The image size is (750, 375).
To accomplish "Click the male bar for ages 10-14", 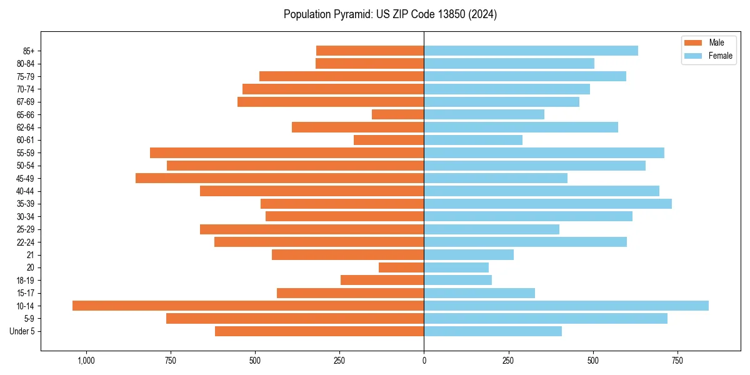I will [x=248, y=306].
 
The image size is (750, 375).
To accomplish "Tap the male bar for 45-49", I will [x=279, y=178].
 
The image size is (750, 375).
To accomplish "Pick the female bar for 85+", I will [x=531, y=51].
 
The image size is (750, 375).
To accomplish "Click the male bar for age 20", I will [x=401, y=267].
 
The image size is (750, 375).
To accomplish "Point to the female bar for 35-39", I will [x=547, y=204].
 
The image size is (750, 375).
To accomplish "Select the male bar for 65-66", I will [x=397, y=114].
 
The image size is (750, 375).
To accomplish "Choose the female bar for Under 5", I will [x=492, y=331].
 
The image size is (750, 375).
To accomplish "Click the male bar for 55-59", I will [x=287, y=152].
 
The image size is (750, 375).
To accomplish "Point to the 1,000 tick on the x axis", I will [x=86, y=361].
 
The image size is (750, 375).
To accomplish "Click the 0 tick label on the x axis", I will [x=424, y=361].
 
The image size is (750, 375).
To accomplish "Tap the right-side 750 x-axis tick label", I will [x=677, y=361].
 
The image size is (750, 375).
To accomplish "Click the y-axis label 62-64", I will [x=26, y=127].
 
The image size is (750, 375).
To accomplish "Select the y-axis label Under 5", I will [x=22, y=331].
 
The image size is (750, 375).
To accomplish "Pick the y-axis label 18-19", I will [x=26, y=281].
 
